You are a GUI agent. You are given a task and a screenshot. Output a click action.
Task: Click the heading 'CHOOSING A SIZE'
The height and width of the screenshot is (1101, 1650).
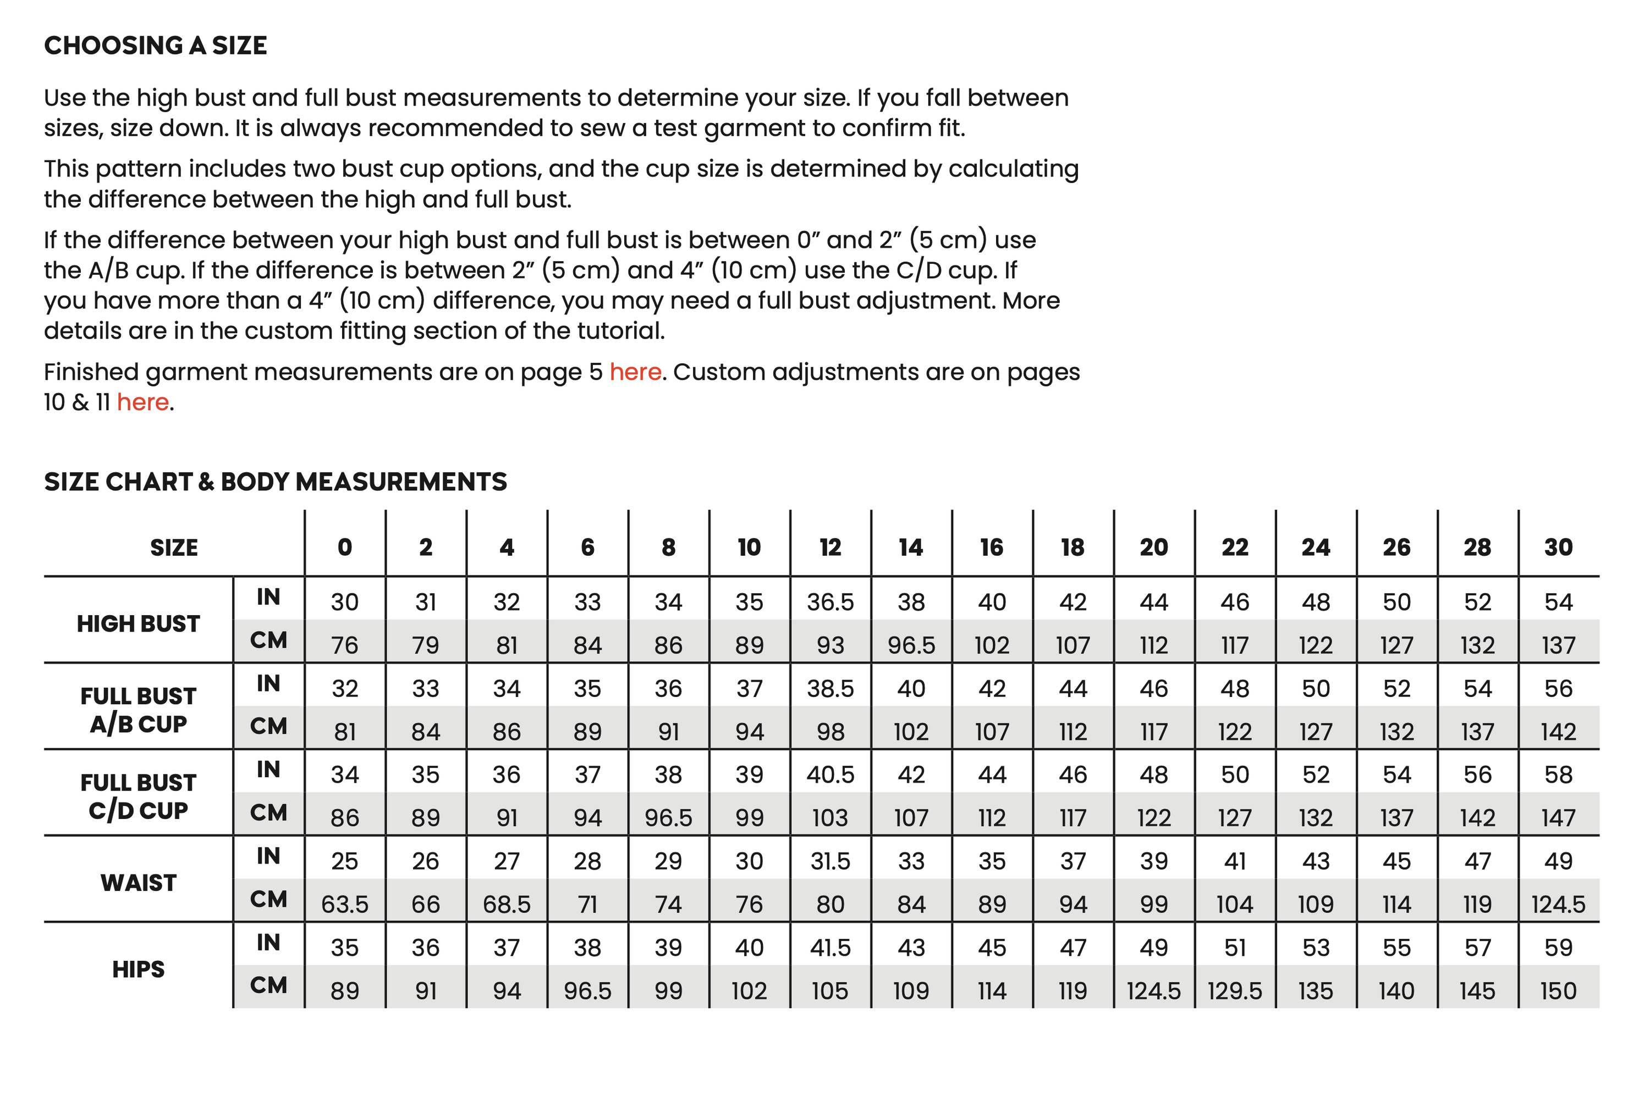point(155,46)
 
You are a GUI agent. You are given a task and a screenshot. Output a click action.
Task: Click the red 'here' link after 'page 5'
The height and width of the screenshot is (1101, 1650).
point(635,372)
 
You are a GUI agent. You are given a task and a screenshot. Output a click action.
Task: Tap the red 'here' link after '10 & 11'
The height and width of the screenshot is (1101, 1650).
point(142,402)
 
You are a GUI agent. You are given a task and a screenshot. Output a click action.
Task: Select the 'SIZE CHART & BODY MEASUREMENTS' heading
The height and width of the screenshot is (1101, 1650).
point(276,482)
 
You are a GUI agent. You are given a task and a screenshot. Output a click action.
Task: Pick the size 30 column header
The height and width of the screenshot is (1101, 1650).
point(1558,547)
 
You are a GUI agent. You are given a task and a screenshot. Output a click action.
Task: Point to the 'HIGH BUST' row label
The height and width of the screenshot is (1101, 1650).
point(139,623)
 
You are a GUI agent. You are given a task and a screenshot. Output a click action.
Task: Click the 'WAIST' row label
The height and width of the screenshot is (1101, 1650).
point(139,883)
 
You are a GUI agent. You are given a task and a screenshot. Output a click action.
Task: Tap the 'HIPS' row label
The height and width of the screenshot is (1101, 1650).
point(139,969)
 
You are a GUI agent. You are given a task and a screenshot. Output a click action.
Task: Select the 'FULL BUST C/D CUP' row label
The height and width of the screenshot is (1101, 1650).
point(139,796)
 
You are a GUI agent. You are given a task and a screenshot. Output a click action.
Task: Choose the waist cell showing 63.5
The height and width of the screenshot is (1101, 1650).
point(344,904)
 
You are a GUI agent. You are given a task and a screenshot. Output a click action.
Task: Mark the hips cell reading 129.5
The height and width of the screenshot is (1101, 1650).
point(1234,991)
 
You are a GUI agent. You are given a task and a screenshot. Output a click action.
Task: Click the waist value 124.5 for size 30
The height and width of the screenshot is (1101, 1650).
point(1558,904)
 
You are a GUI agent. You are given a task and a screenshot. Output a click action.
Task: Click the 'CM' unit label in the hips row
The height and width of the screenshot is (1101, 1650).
point(268,985)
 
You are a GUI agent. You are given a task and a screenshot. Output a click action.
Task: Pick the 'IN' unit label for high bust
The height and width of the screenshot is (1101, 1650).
point(268,597)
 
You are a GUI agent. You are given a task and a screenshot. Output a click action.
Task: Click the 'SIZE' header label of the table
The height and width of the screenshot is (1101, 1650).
point(174,547)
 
